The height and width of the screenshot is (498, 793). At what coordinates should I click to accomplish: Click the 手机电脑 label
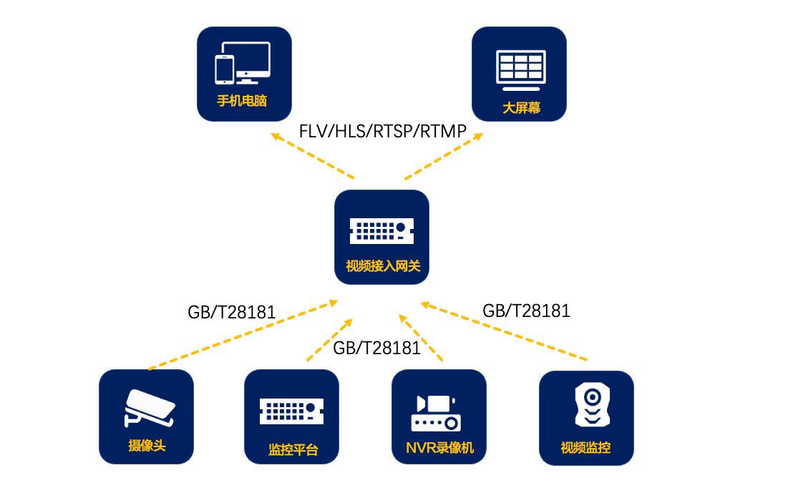(242, 101)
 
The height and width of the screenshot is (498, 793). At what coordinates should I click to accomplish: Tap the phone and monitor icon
(243, 63)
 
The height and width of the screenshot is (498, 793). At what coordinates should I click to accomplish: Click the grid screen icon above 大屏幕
(521, 69)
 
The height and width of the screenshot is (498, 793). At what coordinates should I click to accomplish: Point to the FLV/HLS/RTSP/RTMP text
(383, 132)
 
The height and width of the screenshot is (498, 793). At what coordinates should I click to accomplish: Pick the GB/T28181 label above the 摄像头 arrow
(232, 312)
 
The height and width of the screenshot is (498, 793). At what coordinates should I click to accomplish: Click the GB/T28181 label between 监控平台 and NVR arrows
(376, 348)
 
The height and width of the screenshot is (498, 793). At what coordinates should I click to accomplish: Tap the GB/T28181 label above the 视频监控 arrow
(526, 311)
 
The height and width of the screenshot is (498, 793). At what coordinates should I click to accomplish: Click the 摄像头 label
(147, 446)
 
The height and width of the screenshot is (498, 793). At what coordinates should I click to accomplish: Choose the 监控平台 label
(293, 450)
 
